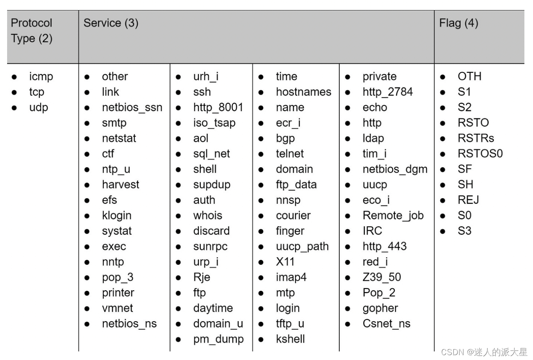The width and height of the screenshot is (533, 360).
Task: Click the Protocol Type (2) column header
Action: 32,31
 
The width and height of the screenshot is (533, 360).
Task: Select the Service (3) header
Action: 111,23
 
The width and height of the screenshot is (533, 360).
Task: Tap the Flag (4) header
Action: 459,23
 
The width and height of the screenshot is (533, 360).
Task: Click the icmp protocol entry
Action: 41,77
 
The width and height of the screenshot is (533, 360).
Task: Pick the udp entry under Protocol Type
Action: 38,108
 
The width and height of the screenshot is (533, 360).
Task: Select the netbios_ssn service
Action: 132,108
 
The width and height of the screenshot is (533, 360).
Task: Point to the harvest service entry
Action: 120,184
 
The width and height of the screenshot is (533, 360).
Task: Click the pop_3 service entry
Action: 117,277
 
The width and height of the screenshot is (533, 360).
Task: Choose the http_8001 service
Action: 218,108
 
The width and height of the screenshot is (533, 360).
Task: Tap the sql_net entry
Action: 212,154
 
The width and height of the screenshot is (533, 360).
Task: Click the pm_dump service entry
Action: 218,339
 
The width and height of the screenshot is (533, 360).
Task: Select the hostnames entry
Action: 304,92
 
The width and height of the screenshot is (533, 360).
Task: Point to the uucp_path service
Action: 302,246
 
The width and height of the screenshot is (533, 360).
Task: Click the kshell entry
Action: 290,339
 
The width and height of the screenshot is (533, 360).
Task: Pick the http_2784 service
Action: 388,92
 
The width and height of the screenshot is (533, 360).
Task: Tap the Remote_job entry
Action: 393,215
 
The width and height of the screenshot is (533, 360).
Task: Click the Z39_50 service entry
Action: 382,277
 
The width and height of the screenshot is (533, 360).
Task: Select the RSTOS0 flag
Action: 480,154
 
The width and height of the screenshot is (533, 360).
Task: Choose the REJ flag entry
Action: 468,200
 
